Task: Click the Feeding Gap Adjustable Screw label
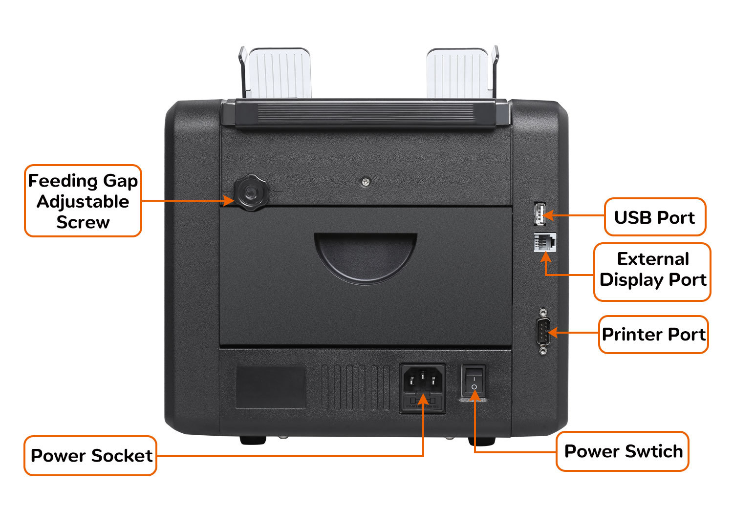pyautogui.click(x=83, y=201)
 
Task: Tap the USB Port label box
pyautogui.click(x=655, y=217)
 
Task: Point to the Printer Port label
pyautogui.click(x=653, y=334)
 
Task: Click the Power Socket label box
pyautogui.click(x=91, y=455)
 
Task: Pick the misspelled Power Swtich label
pyautogui.click(x=623, y=451)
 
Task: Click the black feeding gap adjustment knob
pyautogui.click(x=251, y=193)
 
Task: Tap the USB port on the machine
pyautogui.click(x=539, y=214)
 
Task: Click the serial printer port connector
pyautogui.click(x=543, y=332)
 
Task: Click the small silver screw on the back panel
pyautogui.click(x=366, y=182)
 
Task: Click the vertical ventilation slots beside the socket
pyautogui.click(x=355, y=386)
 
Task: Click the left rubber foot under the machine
pyautogui.click(x=253, y=440)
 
